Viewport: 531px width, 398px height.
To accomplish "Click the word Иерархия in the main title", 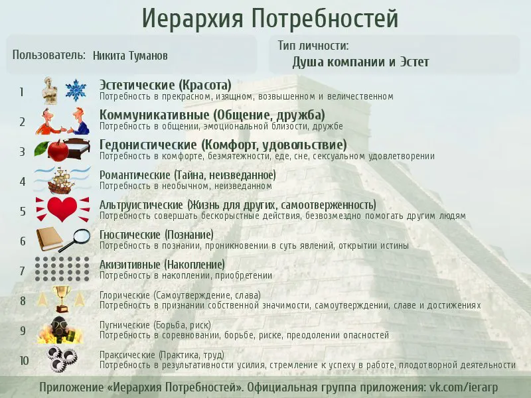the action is point(192,18).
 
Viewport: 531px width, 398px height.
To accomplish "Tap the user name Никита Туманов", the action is point(130,56).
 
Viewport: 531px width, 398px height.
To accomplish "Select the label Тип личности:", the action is point(313,45).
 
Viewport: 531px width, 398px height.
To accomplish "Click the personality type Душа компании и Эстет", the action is point(360,62).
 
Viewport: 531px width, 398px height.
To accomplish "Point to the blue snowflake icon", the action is point(76,90).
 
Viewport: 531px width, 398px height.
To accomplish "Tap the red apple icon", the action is point(58,151).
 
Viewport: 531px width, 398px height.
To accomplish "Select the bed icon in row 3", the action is point(78,148).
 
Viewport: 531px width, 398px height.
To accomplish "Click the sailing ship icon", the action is point(61,180).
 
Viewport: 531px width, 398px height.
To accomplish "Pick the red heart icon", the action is point(62,209).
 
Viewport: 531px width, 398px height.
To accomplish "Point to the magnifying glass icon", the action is point(75,239).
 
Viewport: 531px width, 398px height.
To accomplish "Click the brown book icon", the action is point(49,239).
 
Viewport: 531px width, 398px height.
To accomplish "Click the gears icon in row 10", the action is point(61,359).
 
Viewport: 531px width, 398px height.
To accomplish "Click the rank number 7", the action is point(23,271).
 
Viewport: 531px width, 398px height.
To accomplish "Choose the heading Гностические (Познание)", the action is point(157,235).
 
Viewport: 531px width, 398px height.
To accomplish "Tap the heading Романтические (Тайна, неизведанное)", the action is point(188,175).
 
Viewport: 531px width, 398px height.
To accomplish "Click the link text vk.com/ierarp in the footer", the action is point(463,387).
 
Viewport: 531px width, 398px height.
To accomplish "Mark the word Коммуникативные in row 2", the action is point(155,115).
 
